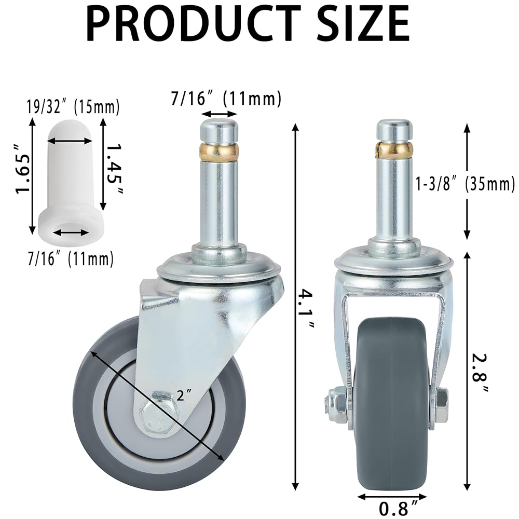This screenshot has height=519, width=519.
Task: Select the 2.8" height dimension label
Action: [479, 372]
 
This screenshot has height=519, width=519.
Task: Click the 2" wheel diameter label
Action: [184, 394]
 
